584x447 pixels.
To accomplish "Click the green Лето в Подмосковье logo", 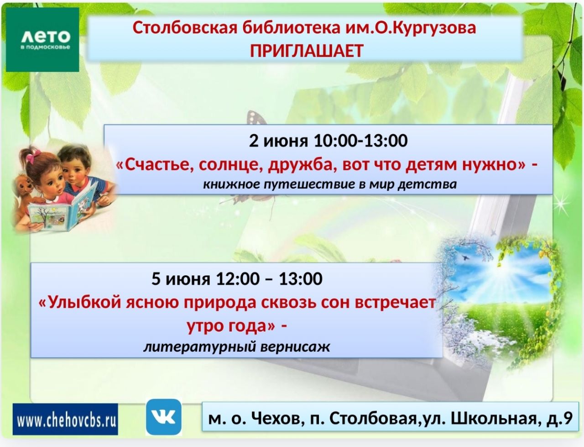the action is pos(42,39).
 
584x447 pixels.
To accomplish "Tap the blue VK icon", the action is pos(164,417).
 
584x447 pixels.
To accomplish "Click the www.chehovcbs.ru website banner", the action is pos(65,419).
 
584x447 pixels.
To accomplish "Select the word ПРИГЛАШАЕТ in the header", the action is pos(307,51).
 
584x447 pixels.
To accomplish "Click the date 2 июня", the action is pos(278,141).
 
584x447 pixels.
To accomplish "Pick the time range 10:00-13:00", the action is pos(361,141).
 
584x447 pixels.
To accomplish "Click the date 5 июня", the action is pos(181,279).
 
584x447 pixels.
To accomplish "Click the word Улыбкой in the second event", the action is pos(80,303).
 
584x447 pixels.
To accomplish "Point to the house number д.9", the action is pos(561,419).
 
